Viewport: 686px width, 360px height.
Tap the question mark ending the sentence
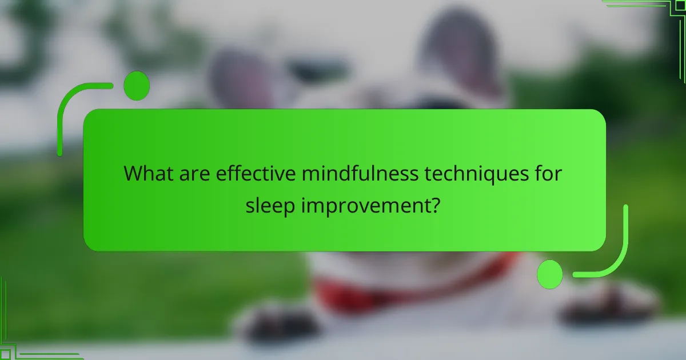click(436, 205)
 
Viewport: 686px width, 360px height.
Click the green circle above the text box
click(136, 86)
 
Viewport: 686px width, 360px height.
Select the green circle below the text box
click(550, 274)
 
